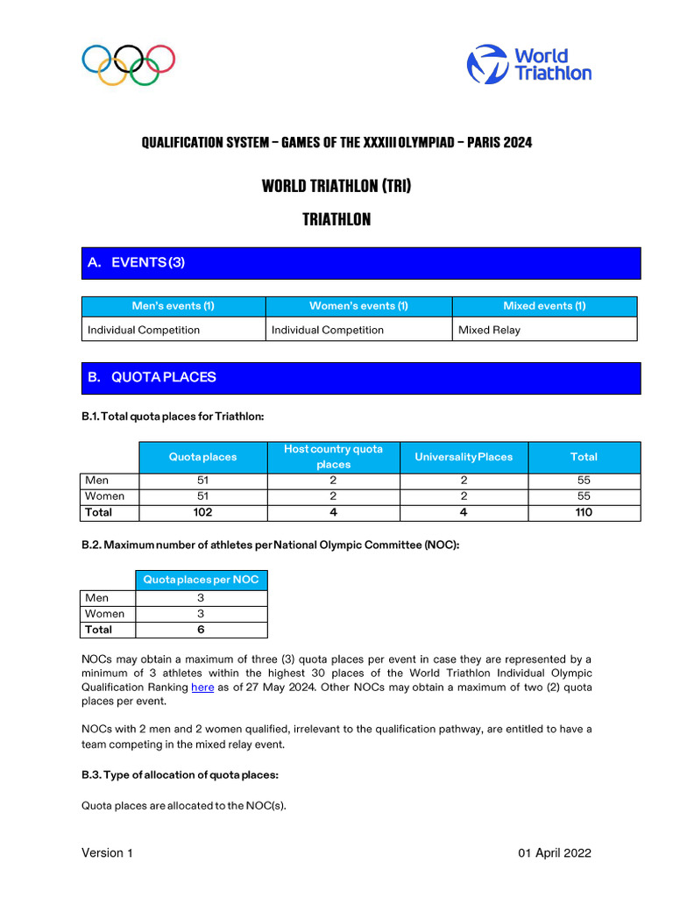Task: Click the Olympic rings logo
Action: coord(129,65)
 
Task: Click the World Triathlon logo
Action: coord(528,64)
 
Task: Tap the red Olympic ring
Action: coord(160,59)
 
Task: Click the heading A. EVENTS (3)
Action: coord(136,262)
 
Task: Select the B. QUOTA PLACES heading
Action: coord(152,377)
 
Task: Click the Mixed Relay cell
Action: coord(489,330)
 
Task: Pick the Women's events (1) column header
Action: coord(358,306)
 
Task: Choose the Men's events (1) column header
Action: coord(173,306)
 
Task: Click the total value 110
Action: coord(584,512)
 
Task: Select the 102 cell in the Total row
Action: coord(202,512)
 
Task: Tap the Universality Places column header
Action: coord(464,457)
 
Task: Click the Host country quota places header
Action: coord(333,457)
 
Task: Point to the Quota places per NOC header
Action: coord(202,580)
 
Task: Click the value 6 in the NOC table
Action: coord(202,630)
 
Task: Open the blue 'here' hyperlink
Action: coord(202,688)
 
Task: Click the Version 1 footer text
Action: coord(107,853)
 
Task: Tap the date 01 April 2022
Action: coord(554,853)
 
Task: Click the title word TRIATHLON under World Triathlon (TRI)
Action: coord(336,220)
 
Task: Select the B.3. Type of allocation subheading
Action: coord(180,775)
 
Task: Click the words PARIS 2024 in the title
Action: coord(499,142)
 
